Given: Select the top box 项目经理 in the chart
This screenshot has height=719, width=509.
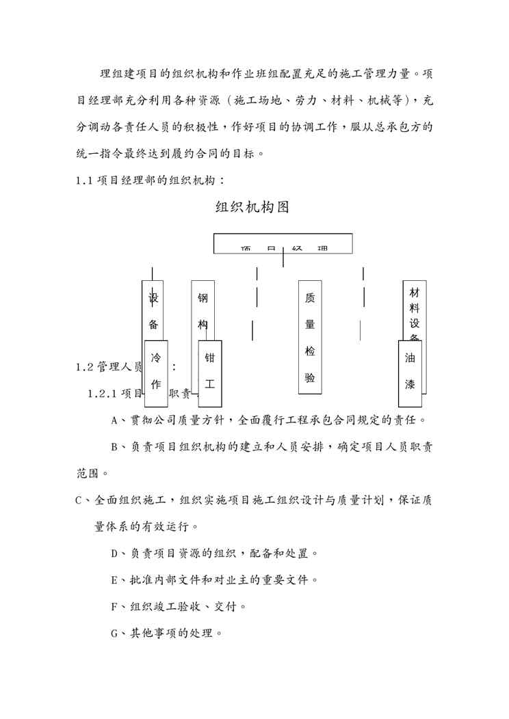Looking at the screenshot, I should (283, 244).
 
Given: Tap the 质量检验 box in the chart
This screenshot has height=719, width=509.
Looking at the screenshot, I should (310, 337).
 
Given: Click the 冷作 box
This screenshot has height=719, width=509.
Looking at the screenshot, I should (156, 370).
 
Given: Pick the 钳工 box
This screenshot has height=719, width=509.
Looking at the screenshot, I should (210, 370).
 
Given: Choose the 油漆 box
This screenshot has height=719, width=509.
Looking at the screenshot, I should (410, 370).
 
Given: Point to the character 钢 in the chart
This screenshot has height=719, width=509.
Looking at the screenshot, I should (203, 299).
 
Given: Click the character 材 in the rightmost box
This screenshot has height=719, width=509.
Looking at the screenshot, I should (415, 292).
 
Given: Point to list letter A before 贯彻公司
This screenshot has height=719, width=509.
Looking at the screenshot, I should (115, 420).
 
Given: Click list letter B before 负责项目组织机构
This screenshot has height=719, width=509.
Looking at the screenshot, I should (115, 447).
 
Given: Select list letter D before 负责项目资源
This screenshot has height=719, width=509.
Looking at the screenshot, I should (115, 554).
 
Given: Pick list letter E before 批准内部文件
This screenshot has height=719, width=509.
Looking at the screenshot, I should (115, 580).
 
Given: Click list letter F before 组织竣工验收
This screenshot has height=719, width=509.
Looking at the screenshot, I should (115, 607).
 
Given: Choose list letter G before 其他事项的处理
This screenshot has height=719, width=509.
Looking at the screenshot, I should (115, 634).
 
